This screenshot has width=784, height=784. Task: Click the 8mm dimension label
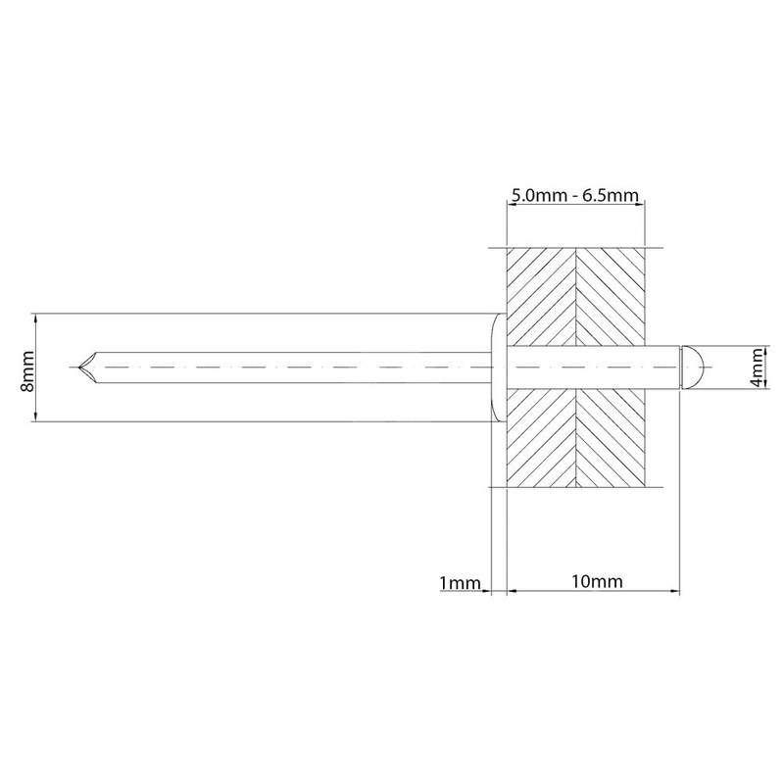click(27, 371)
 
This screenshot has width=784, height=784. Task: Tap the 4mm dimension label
click(758, 367)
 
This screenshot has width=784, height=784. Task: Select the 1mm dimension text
click(460, 582)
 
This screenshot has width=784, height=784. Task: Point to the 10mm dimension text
click(598, 581)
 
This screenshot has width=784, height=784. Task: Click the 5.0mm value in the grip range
click(538, 195)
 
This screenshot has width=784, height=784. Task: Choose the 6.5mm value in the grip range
click(612, 195)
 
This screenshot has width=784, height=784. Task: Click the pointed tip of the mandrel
click(79, 367)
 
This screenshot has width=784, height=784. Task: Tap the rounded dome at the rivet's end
click(693, 367)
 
